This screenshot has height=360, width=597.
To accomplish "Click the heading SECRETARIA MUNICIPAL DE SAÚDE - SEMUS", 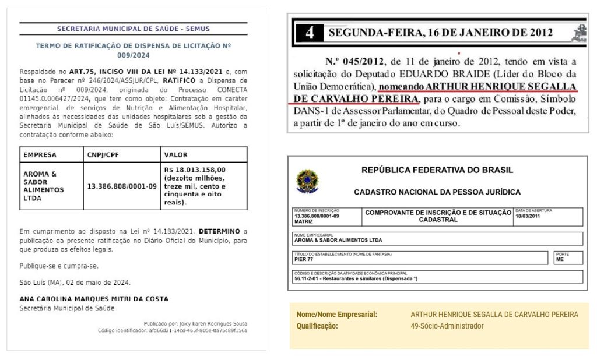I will (x=133, y=29).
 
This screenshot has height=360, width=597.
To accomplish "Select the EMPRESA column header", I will (x=40, y=155).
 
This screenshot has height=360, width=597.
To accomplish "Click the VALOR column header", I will (x=176, y=155).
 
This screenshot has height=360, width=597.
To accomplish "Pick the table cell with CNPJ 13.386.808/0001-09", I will (x=122, y=186).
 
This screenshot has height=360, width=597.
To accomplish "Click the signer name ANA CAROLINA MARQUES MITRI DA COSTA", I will (x=94, y=299).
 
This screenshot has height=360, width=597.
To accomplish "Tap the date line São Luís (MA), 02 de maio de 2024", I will (x=75, y=283).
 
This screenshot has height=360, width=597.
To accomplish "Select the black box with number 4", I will (x=310, y=33).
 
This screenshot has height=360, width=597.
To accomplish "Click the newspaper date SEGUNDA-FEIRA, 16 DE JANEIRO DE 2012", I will (x=440, y=33).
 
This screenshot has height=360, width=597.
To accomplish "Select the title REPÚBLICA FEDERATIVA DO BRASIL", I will (x=437, y=171).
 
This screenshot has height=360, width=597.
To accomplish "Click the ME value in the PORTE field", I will (x=560, y=259).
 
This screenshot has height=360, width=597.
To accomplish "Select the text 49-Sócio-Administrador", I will (x=447, y=326).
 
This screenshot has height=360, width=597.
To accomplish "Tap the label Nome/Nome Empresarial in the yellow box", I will (x=337, y=315).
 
